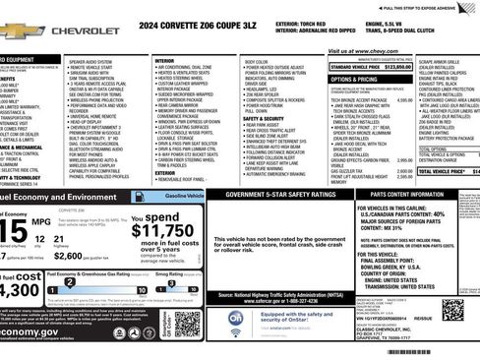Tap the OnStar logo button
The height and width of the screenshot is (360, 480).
click(x=236, y=318)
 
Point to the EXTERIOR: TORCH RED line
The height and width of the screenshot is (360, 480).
click(x=303, y=21)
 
